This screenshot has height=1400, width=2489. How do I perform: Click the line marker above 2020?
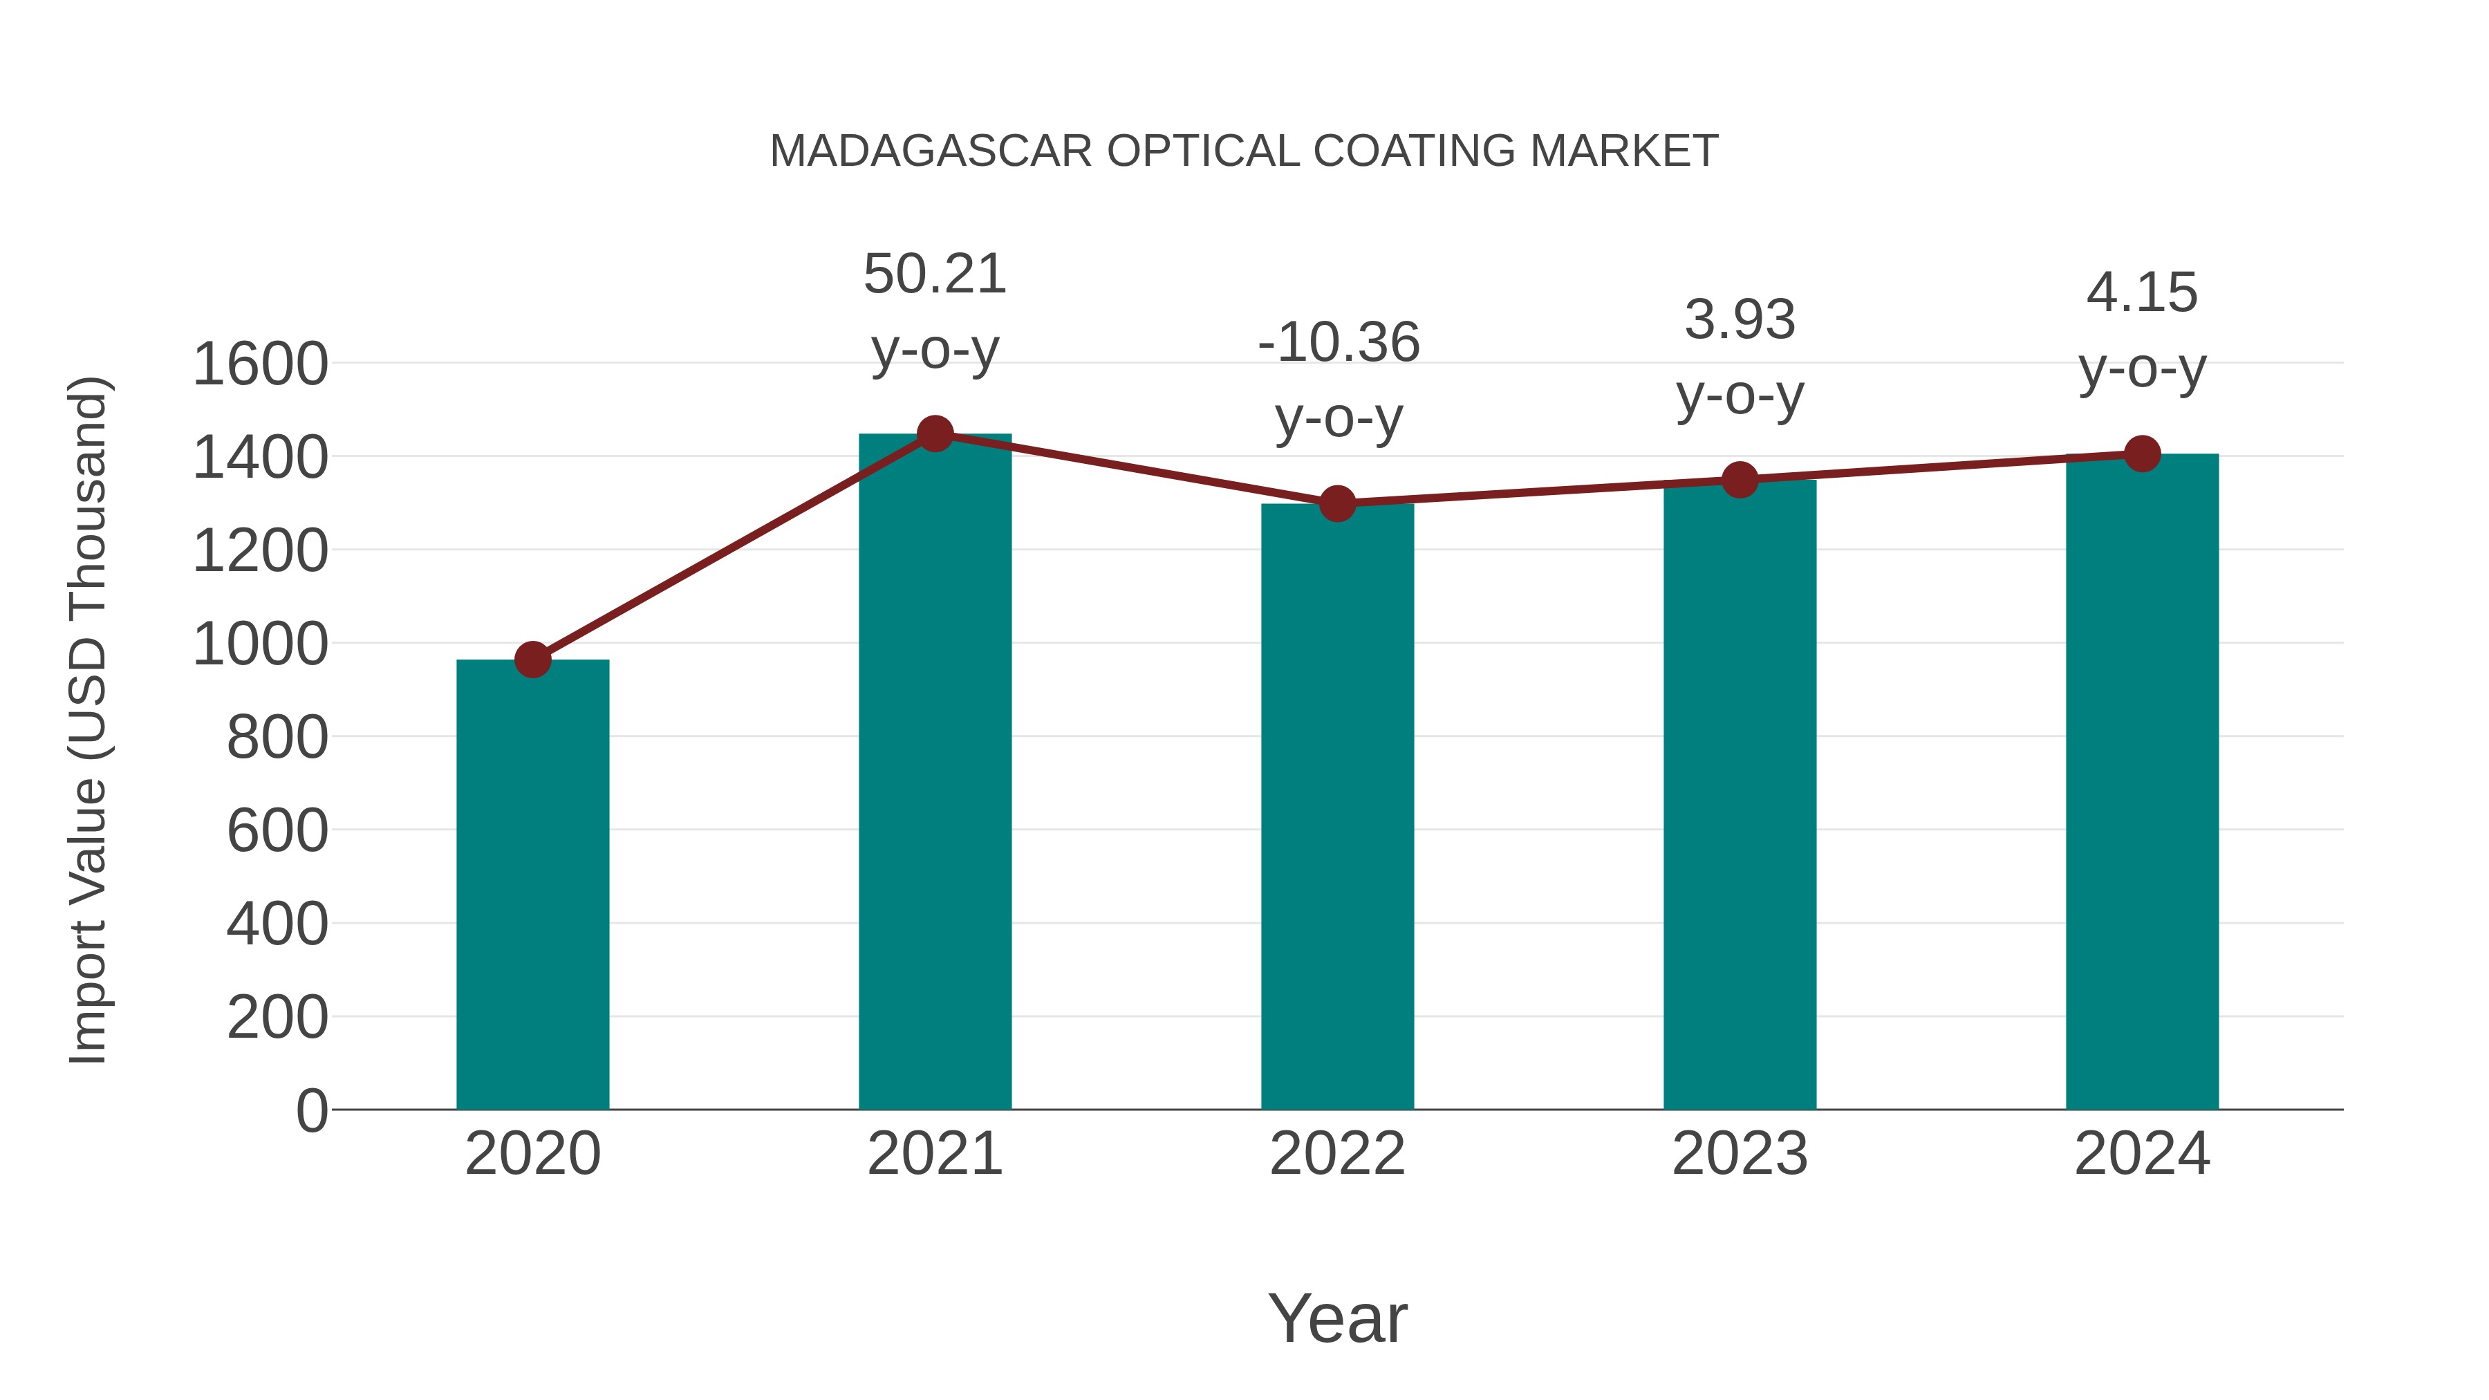532,660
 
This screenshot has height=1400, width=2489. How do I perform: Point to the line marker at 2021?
934,433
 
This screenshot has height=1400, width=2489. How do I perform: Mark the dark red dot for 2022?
1337,503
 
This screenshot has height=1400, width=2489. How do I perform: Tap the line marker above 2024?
2142,453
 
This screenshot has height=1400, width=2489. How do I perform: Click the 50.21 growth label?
934,274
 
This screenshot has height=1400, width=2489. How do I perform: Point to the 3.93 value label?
1740,320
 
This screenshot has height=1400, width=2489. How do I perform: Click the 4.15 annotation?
2142,292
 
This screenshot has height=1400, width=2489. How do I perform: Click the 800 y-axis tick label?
277,738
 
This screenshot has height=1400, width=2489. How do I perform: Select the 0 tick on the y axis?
312,1111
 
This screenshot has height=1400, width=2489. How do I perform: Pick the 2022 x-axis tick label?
1337,1154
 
